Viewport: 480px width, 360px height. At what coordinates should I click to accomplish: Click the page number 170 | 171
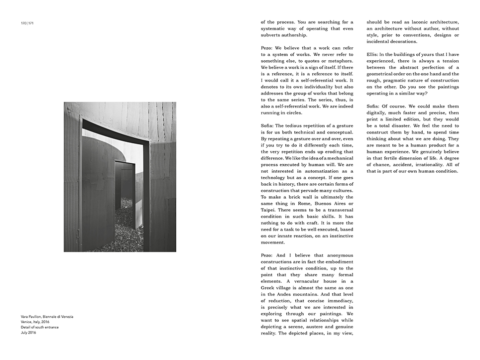click(27, 23)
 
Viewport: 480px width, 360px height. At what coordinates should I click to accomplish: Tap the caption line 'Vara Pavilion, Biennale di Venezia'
click(47, 317)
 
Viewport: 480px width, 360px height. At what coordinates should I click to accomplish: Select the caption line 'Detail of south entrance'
click(40, 327)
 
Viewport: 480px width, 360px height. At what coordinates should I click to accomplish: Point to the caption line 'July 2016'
click(28, 333)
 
